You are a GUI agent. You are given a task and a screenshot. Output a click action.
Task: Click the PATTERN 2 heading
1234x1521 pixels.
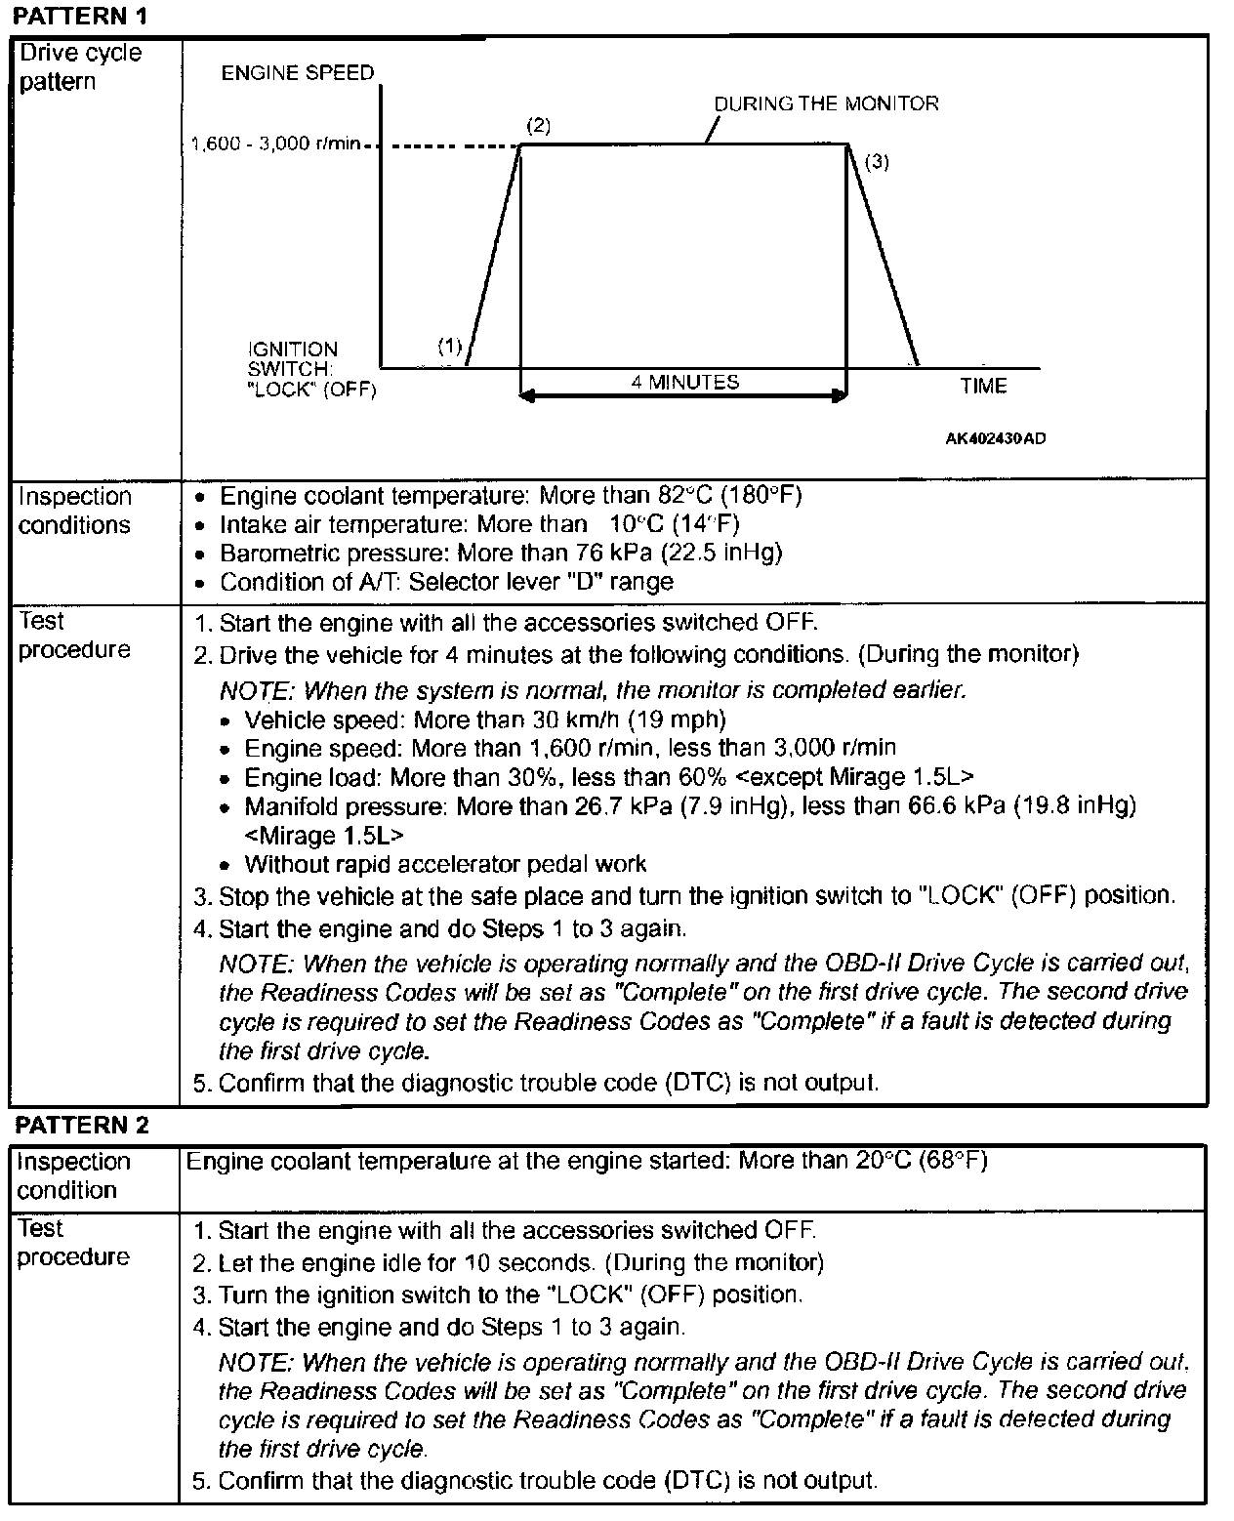click(82, 1125)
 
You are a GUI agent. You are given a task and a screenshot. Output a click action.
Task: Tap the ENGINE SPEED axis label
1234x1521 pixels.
click(298, 73)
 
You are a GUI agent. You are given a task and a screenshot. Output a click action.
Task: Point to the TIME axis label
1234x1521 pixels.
click(983, 386)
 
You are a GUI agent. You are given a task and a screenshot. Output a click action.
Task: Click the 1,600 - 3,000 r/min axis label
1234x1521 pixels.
click(276, 144)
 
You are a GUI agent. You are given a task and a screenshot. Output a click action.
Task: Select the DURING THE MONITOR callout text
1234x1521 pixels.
click(826, 103)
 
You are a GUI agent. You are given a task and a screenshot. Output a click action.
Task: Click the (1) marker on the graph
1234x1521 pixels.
click(449, 345)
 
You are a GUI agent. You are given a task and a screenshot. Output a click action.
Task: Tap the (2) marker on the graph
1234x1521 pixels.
click(538, 125)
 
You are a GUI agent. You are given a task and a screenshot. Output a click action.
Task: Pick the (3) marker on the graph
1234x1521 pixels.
click(877, 162)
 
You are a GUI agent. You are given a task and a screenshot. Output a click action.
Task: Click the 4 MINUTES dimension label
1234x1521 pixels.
click(685, 382)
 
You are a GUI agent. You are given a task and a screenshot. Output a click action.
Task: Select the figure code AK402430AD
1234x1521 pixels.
click(995, 438)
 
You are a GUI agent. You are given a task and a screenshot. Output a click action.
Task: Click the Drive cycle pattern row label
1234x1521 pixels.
click(80, 66)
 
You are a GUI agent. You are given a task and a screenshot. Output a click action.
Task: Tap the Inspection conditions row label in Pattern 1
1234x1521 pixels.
click(74, 511)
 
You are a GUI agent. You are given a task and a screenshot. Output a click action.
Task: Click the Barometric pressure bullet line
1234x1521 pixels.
click(500, 554)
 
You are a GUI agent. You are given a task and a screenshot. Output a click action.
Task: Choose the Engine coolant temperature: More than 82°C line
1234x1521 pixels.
click(510, 496)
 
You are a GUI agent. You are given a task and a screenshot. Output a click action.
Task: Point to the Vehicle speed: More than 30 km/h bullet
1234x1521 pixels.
click(484, 719)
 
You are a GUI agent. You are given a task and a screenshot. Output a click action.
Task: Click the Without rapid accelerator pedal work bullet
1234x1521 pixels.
click(445, 864)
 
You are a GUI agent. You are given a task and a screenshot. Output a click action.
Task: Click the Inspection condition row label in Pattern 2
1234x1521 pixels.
click(73, 1175)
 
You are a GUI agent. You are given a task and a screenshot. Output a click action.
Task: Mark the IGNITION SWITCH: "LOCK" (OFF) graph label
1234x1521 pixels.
click(310, 369)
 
